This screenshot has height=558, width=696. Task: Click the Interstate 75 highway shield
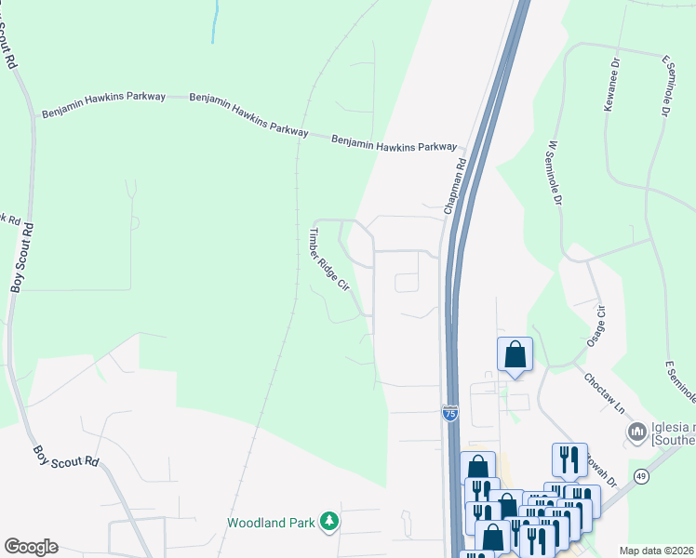pos(450,414)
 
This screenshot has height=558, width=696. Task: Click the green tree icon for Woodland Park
pos(328,523)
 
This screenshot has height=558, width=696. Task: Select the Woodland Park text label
pos(270,523)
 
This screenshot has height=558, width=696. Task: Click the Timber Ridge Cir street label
pos(328,260)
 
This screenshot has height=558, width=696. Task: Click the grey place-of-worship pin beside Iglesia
pos(637,432)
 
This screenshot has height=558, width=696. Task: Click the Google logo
pos(31,547)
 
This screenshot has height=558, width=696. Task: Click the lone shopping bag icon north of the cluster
pos(515,355)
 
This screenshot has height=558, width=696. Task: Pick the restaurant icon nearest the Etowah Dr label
pos(569,459)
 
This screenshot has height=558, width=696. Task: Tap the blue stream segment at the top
pos(216,20)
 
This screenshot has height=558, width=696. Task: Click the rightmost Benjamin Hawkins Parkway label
pos(395,143)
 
